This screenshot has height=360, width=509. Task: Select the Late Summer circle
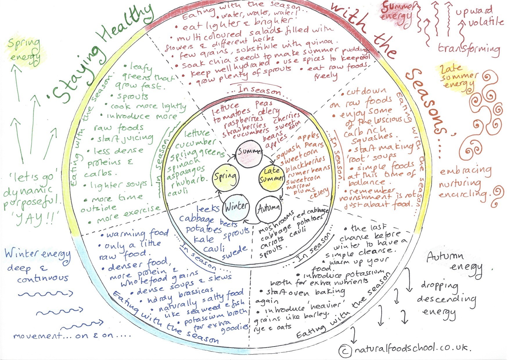[271, 175]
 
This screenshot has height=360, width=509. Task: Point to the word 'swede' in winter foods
[234, 253]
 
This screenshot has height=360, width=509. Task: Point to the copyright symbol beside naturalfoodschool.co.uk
[345, 351]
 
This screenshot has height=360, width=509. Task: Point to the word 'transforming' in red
[468, 49]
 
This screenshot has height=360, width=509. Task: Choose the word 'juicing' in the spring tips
[137, 138]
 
